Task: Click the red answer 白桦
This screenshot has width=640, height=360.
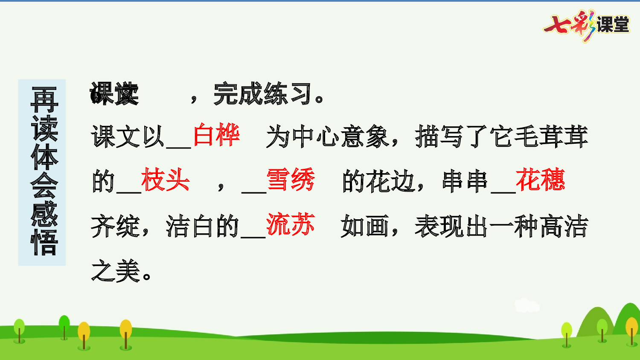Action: coord(216,135)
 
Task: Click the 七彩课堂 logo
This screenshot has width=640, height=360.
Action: coord(587,25)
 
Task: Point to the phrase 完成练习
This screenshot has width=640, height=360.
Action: coord(263,94)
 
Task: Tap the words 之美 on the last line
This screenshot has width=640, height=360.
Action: coord(116,271)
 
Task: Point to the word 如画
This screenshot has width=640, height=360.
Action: coord(365,226)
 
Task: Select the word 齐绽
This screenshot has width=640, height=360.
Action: coord(116,226)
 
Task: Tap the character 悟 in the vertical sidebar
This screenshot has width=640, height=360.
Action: coord(44,243)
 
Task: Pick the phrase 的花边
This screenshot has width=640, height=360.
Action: coord(378,181)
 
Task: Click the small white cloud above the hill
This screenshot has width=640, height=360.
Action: coord(527,305)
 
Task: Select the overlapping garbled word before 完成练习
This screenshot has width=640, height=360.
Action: coord(114,94)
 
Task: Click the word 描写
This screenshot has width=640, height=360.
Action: coord(439,137)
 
